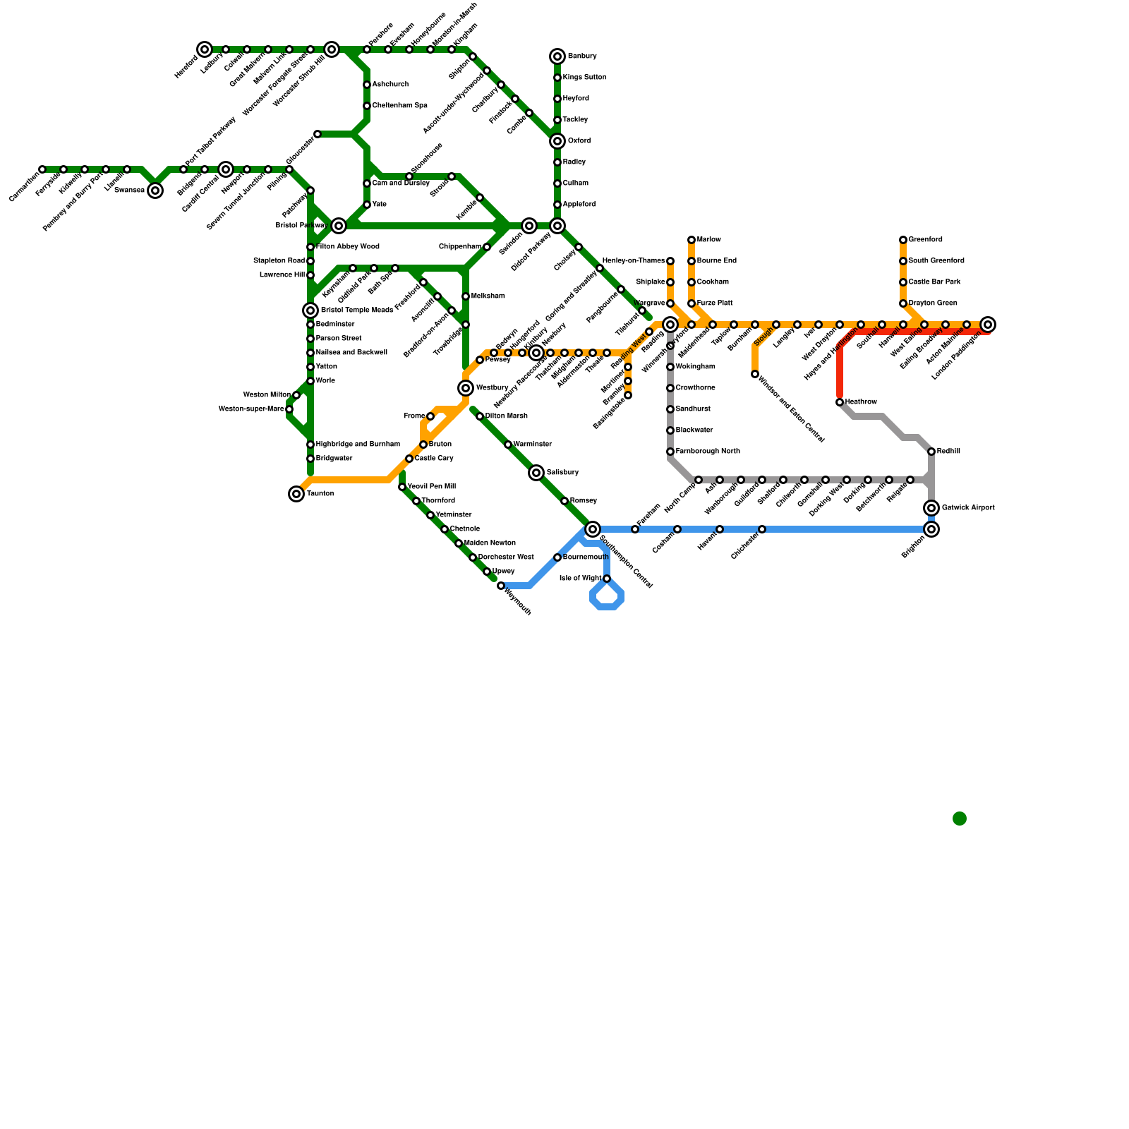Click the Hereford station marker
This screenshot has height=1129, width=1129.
205,49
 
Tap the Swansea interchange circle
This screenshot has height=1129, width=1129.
155,191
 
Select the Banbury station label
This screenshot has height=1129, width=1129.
582,56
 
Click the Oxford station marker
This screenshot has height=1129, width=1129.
557,141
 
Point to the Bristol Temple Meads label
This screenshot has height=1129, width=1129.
357,310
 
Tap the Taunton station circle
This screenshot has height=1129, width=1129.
296,494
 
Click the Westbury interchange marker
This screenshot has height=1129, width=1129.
466,388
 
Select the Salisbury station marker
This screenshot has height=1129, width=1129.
536,473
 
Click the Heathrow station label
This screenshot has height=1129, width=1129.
861,402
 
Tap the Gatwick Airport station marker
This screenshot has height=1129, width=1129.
931,508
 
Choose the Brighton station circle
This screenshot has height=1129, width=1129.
931,529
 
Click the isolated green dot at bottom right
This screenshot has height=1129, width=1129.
960,819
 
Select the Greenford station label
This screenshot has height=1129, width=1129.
926,240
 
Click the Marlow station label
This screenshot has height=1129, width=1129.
709,240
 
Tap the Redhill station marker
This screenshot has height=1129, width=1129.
931,452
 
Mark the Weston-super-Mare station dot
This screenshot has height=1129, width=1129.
289,409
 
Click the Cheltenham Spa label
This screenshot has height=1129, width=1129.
399,106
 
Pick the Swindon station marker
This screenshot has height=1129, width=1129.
529,226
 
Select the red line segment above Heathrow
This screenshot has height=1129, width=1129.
840,374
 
